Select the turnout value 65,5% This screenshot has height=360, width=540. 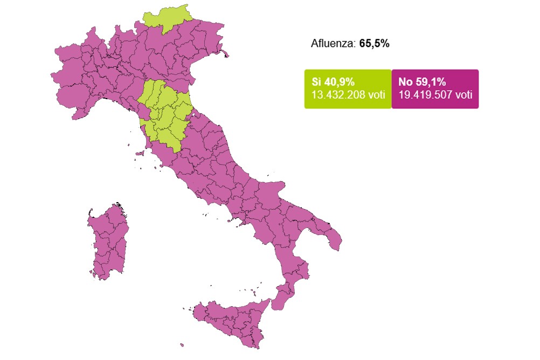tap(374, 44)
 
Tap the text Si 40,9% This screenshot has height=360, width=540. tap(333, 82)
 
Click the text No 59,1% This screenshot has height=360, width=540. tap(422, 82)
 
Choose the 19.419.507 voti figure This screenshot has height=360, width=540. tap(435, 95)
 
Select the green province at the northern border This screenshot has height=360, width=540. tap(167, 22)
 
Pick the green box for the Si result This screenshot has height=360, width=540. tap(348, 89)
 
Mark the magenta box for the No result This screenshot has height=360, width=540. tap(435, 89)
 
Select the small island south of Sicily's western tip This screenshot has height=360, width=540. tap(182, 345)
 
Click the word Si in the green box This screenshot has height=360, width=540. tap(316, 82)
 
